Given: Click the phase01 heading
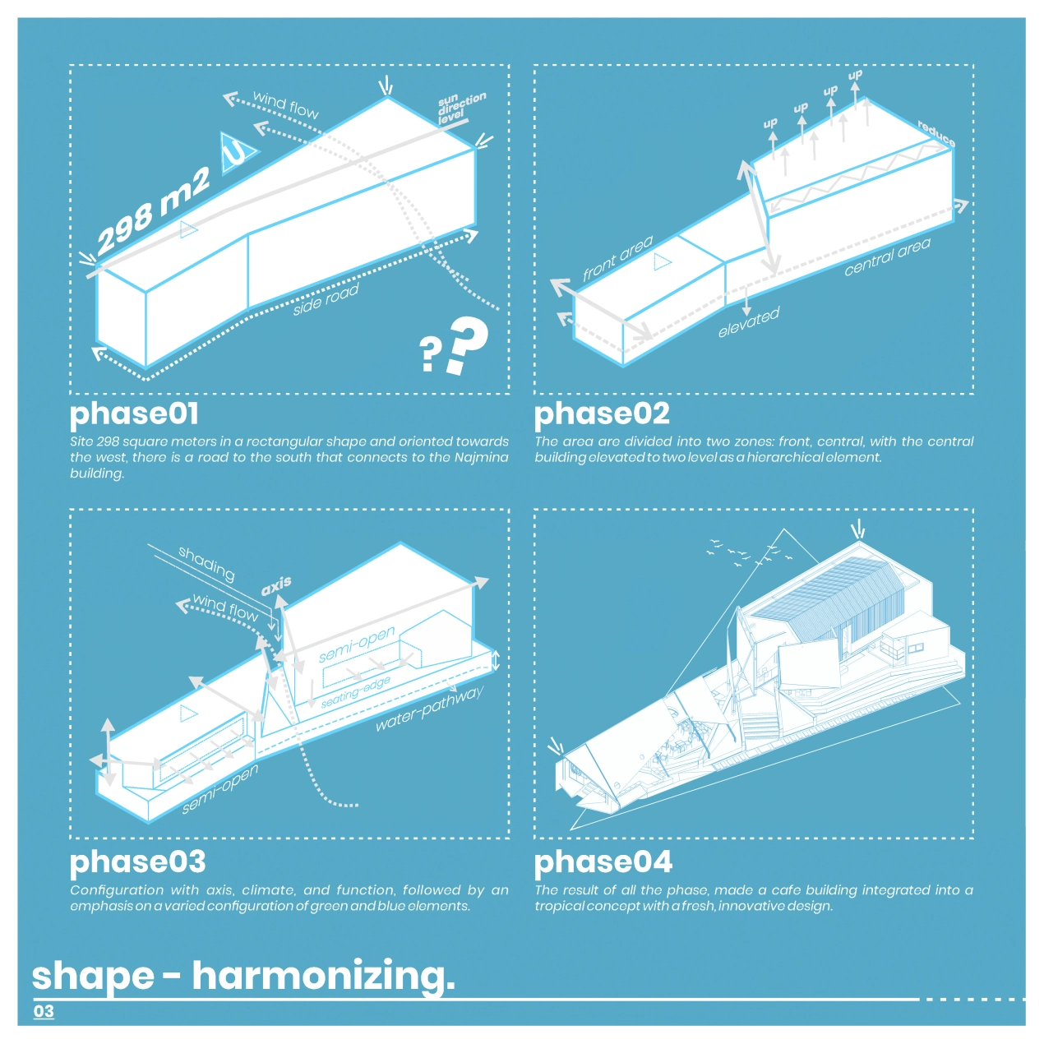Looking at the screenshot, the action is [x=134, y=415].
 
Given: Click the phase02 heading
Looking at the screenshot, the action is [x=602, y=415].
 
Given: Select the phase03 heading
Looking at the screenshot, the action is [x=137, y=864].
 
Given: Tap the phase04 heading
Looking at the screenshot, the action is [x=603, y=864].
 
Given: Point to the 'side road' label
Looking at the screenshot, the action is [x=326, y=299].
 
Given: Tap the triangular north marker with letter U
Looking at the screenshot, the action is [x=237, y=154].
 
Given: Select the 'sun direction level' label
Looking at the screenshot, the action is [x=461, y=107].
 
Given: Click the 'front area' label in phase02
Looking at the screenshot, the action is [x=617, y=258].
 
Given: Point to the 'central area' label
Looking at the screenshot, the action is [x=888, y=256].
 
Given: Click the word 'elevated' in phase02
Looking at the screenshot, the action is [x=749, y=321].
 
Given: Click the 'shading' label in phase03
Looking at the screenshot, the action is [x=206, y=563].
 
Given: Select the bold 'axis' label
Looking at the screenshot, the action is [x=276, y=585].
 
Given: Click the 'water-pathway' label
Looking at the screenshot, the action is [x=429, y=709].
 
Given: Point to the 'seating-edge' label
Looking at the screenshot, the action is [x=355, y=692].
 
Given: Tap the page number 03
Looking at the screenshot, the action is [x=44, y=1011].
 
